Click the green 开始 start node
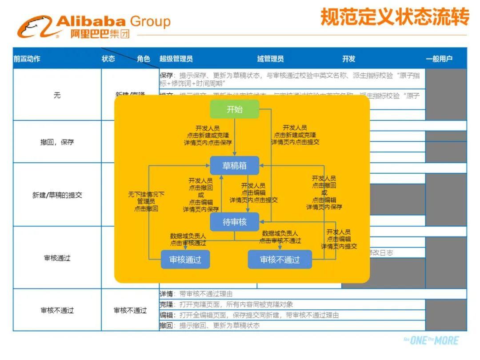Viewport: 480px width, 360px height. [x=234, y=109]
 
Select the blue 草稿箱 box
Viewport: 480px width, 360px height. [x=234, y=166]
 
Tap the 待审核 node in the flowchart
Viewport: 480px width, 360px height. [x=234, y=222]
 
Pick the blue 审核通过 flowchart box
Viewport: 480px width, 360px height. [x=185, y=260]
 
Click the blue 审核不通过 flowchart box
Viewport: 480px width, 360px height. [x=280, y=260]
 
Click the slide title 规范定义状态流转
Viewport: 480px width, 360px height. [x=395, y=18]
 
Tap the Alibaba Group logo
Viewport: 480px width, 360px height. [x=93, y=27]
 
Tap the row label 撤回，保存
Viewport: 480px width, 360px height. [x=57, y=142]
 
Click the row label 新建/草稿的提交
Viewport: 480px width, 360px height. [x=57, y=195]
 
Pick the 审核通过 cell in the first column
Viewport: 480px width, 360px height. [x=57, y=258]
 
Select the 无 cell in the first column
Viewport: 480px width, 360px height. [x=57, y=95]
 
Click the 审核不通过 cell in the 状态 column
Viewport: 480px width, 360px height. [x=130, y=310]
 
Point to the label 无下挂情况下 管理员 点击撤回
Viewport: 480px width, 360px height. [x=146, y=201]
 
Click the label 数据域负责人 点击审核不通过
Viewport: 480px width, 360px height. [x=280, y=237]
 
